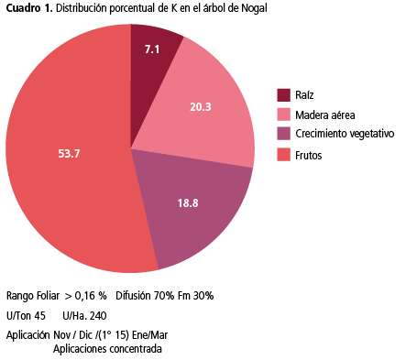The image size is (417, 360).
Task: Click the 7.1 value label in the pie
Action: click(152, 49)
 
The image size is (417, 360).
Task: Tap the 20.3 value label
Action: click(201, 107)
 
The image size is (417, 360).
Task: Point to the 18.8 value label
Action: click(188, 203)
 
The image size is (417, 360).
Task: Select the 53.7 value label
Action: click(69, 153)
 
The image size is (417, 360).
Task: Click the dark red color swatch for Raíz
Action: click(283, 95)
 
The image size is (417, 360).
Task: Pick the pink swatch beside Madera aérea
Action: click(283, 115)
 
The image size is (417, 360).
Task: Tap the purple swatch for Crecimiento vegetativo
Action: click(283, 134)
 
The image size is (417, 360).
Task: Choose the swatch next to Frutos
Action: click(283, 155)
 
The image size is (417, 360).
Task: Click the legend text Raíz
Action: click(304, 95)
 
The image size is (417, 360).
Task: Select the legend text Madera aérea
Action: click(325, 115)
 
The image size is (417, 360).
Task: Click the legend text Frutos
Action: click(309, 156)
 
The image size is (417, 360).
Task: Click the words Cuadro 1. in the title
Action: click(29, 8)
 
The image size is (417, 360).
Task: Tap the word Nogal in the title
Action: click(254, 8)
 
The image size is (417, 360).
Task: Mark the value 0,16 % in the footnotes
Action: click(91, 296)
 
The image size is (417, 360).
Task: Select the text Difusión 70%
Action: click(145, 296)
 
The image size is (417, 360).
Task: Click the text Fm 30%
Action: click(195, 296)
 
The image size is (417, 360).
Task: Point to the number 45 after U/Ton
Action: click(39, 316)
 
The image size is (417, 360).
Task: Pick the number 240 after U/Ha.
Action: click(98, 316)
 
